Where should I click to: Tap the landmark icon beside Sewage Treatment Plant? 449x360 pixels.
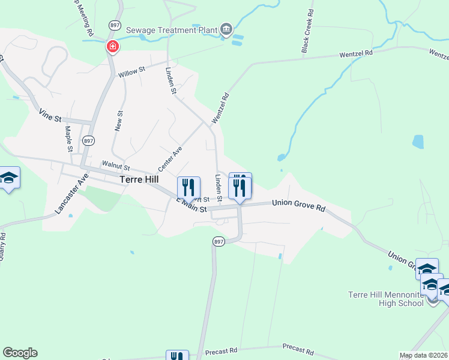pyautogui.click(x=226, y=29)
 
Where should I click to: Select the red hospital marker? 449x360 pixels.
pyautogui.click(x=112, y=46)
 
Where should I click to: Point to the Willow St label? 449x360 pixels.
pyautogui.click(x=131, y=71)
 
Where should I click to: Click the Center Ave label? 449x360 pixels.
pyautogui.click(x=170, y=158)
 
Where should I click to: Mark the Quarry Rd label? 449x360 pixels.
pyautogui.click(x=2, y=246)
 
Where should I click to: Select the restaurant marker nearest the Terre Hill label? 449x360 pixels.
pyautogui.click(x=188, y=188)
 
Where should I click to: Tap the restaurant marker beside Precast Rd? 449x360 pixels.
pyautogui.click(x=177, y=356)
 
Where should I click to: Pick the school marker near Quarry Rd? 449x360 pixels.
pyautogui.click(x=9, y=178)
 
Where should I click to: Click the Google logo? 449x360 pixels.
pyautogui.click(x=20, y=353)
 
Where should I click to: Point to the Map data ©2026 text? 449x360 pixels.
pyautogui.click(x=423, y=355)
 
